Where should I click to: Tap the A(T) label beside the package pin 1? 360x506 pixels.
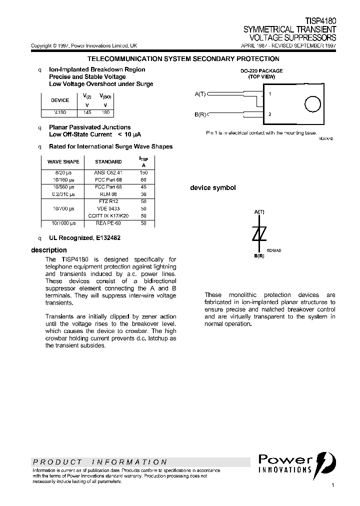200,94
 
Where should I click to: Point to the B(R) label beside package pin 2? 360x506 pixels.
200,114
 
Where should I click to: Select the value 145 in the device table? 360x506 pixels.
87,112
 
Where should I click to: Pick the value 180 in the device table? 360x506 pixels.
105,112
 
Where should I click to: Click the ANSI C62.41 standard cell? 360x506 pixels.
108,172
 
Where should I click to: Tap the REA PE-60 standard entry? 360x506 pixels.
108,223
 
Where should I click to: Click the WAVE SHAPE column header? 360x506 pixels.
63,162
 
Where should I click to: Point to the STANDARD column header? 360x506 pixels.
108,162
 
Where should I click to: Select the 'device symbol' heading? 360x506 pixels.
212,188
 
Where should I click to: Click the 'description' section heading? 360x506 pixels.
48,250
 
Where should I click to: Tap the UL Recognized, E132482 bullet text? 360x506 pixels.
84,238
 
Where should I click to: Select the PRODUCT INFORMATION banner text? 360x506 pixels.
99,462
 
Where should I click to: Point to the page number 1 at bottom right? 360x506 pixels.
333,485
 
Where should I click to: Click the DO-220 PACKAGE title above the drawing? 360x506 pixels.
262,71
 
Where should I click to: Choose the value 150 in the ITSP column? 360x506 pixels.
144,172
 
